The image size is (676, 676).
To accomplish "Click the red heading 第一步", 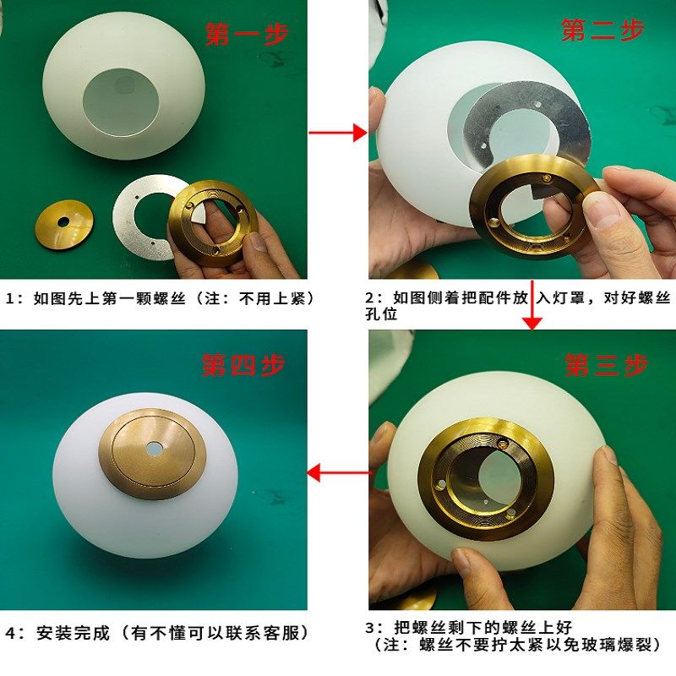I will [247, 34].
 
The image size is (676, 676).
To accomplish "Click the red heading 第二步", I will [602, 30].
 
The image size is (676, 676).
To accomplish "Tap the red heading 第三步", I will [606, 365].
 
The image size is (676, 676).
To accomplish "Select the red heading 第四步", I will [243, 365].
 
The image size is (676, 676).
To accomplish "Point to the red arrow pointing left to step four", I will [338, 472].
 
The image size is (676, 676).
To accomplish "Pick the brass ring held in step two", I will [528, 207].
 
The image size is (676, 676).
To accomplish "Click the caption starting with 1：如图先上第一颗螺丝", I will [161, 298].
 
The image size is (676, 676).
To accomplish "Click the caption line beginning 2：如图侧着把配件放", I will [518, 298].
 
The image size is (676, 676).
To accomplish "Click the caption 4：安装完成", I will [157, 633].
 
